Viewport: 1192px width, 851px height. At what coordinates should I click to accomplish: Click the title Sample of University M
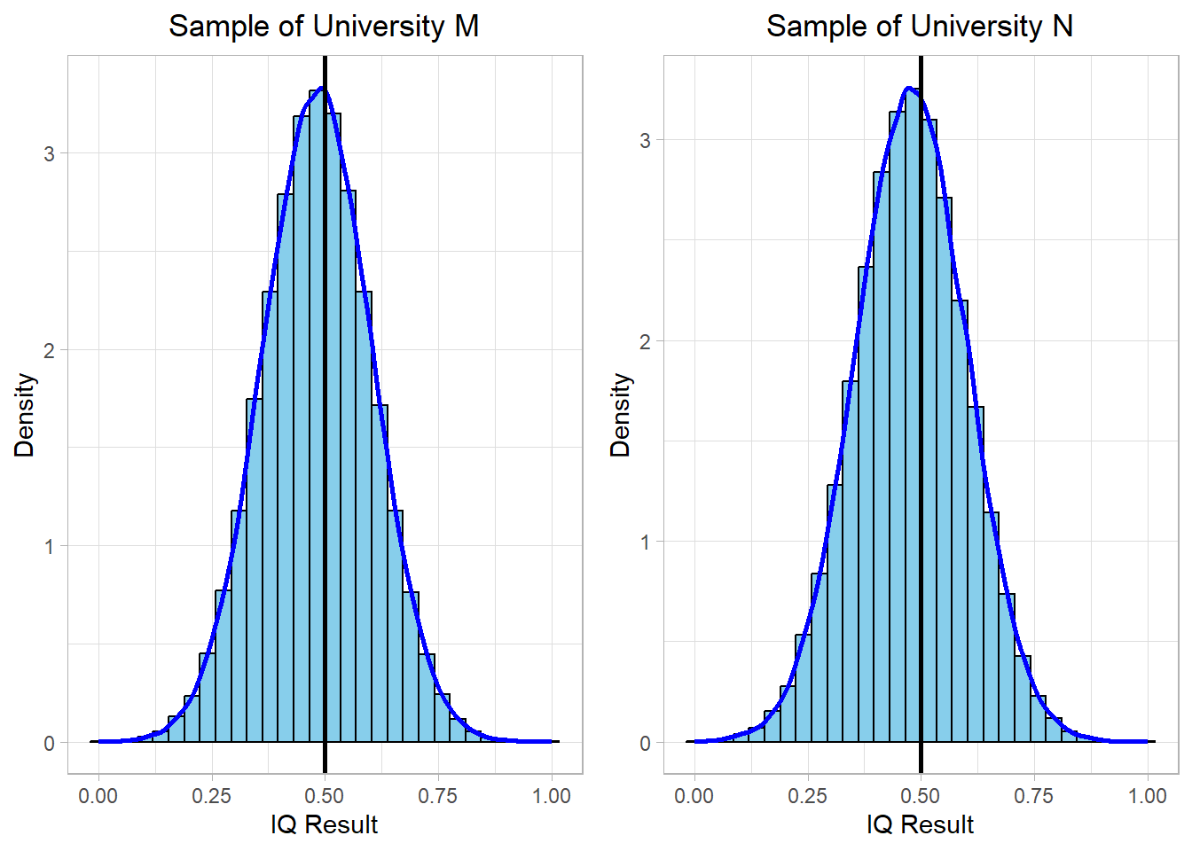click(x=324, y=27)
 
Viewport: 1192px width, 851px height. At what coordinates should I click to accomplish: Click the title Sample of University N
click(x=920, y=27)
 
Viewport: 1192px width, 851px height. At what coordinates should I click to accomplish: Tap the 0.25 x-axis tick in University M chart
click(x=211, y=796)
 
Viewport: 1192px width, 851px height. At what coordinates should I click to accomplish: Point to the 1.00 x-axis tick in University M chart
click(x=552, y=796)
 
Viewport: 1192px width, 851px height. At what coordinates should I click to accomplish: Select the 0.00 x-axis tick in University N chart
click(x=694, y=796)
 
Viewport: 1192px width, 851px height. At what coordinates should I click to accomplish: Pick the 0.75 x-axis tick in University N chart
click(x=1034, y=796)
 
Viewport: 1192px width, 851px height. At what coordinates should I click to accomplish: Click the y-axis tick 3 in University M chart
click(x=50, y=154)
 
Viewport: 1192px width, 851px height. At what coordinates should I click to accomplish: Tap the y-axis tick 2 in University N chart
click(x=646, y=342)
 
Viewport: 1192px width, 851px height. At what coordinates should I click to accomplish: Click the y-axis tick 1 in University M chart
click(x=50, y=547)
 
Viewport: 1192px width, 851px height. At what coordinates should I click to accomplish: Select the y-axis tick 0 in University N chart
click(x=646, y=744)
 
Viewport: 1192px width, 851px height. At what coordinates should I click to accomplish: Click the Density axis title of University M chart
click(x=25, y=415)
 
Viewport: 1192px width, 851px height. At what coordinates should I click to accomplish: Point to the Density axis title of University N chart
click(x=621, y=415)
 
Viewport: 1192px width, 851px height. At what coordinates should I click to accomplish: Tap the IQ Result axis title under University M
click(x=325, y=825)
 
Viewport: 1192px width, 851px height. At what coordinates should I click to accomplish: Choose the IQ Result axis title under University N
click(x=921, y=825)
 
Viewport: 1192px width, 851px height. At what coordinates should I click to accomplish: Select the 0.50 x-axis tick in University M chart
click(x=325, y=796)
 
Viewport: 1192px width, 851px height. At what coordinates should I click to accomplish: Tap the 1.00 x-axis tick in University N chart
click(x=1148, y=796)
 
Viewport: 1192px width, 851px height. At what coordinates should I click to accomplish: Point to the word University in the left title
click(x=380, y=27)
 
